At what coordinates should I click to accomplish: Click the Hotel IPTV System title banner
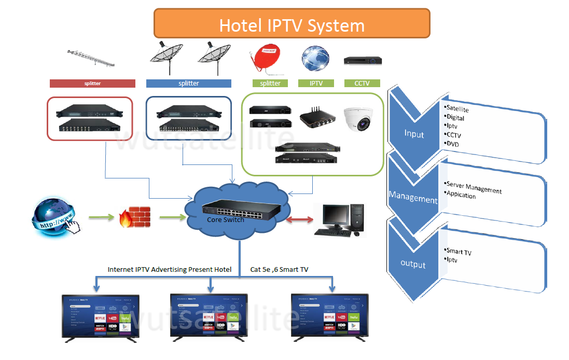coord(292,24)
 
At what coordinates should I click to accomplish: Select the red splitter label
coord(92,83)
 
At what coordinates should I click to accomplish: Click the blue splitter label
coord(189,83)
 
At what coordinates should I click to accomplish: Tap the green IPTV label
coord(316,83)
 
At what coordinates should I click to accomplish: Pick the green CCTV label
coord(362,83)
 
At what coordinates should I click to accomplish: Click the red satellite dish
coord(265,58)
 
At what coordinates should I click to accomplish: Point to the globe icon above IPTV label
coord(315,58)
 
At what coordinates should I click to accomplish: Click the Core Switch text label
coord(226,219)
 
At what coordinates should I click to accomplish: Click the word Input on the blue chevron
coord(414,134)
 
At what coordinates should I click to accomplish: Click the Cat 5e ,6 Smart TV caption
coord(279,270)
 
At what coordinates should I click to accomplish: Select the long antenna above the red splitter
coord(92,57)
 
